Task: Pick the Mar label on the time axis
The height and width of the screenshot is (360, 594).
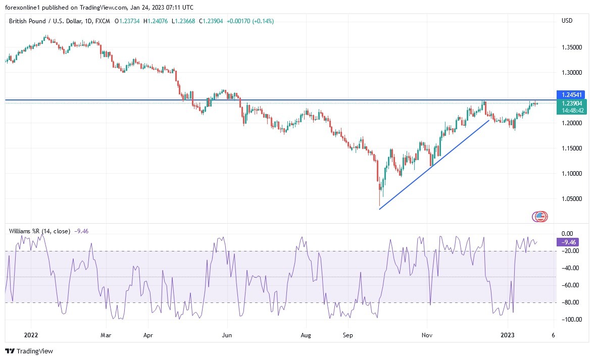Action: tap(106, 334)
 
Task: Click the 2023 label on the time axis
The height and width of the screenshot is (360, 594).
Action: tap(508, 334)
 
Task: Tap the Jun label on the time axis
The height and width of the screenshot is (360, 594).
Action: tap(227, 334)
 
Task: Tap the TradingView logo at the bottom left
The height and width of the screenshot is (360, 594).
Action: tap(29, 351)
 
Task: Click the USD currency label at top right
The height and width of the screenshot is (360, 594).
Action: tap(567, 21)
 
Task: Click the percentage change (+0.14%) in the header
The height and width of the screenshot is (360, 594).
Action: tap(264, 21)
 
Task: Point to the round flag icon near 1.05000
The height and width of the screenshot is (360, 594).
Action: tap(540, 217)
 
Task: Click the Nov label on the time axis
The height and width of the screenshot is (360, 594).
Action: tap(427, 334)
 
